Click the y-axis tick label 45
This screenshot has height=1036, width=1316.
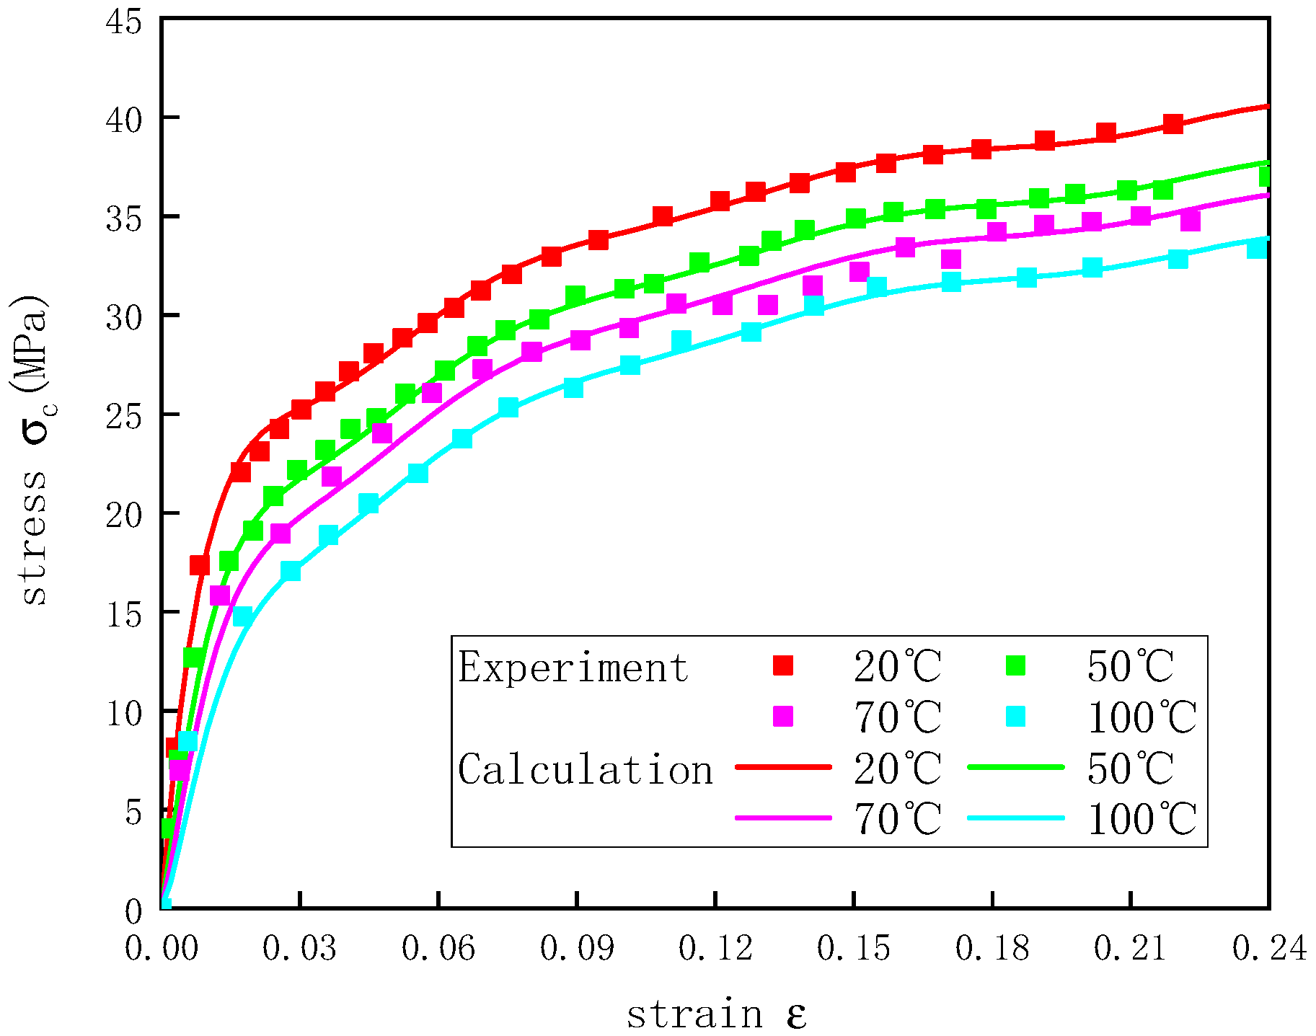(123, 22)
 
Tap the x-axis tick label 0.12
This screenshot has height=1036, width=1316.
(715, 949)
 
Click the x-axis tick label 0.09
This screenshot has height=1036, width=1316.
(576, 949)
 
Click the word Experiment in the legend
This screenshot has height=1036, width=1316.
(573, 668)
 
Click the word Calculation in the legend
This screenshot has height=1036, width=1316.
(585, 769)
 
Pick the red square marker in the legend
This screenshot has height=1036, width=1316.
(782, 665)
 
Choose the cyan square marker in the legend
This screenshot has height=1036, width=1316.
(1015, 716)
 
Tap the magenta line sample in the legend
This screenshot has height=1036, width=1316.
(783, 818)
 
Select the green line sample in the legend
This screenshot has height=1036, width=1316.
(1015, 768)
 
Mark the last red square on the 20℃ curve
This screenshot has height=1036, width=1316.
(1173, 123)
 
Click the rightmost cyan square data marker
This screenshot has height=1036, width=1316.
(1257, 249)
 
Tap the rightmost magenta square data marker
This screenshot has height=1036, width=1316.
(1190, 221)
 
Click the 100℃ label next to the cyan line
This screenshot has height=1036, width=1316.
(1142, 820)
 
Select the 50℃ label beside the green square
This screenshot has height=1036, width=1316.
(1130, 667)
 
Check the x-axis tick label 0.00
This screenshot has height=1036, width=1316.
(161, 949)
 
